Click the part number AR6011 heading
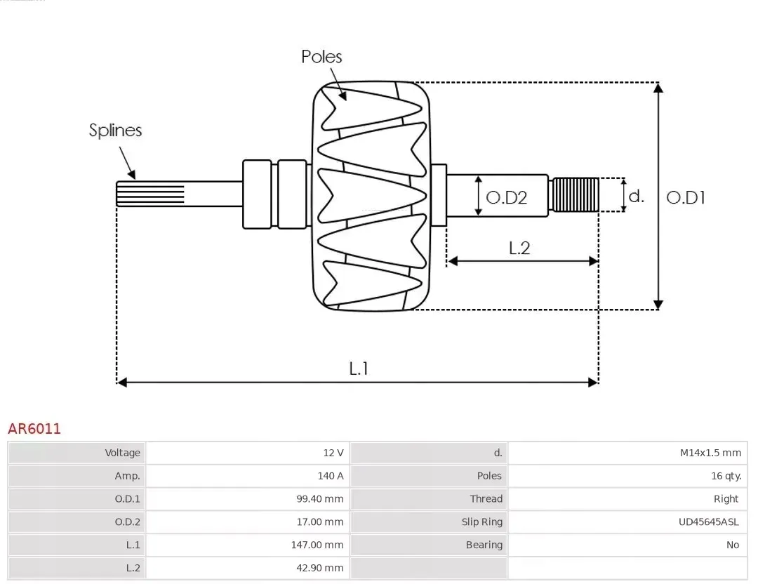tap(34, 428)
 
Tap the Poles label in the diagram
tap(321, 57)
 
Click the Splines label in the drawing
tap(115, 131)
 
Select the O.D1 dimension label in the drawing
tap(685, 197)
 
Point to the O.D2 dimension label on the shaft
tap(506, 197)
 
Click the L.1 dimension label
tap(359, 368)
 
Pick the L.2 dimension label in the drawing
tap(519, 248)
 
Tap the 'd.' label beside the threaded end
tap(636, 196)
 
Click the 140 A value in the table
tap(330, 476)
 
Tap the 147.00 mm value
tap(319, 545)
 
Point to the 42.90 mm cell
tap(321, 568)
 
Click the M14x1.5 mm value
tap(710, 453)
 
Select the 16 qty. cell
tap(726, 476)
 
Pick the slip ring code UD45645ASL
tap(709, 522)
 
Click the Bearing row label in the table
tap(484, 545)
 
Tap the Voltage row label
tap(123, 453)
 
